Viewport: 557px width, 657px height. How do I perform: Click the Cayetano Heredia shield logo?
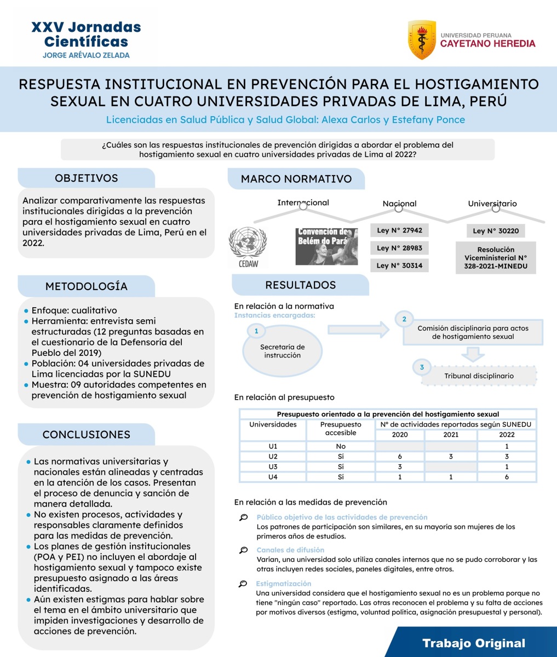pyautogui.click(x=422, y=39)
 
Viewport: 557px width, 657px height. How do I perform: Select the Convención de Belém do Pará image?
pyautogui.click(x=326, y=246)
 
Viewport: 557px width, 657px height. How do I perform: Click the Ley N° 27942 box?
pyautogui.click(x=399, y=230)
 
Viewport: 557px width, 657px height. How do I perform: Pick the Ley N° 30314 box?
pyautogui.click(x=399, y=266)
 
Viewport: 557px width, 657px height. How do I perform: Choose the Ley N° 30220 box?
pyautogui.click(x=495, y=230)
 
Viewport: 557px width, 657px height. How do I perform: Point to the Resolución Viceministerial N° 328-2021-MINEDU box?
pyautogui.click(x=495, y=258)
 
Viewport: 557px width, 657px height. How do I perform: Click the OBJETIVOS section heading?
pyautogui.click(x=86, y=178)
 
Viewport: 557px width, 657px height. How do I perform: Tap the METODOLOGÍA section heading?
pyautogui.click(x=86, y=286)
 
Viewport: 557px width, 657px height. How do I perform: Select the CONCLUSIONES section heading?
pyautogui.click(x=86, y=435)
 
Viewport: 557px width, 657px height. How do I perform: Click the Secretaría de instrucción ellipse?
pyautogui.click(x=282, y=351)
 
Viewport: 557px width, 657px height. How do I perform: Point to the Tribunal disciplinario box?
pyautogui.click(x=478, y=376)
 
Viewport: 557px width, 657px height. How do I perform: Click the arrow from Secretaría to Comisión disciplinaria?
pyautogui.click(x=358, y=329)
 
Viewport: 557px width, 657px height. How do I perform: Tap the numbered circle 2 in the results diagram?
pyautogui.click(x=404, y=319)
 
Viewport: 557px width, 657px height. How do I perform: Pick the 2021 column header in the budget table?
pyautogui.click(x=450, y=435)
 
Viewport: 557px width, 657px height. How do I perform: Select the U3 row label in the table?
pyautogui.click(x=273, y=466)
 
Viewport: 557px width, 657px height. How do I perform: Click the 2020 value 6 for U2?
pyautogui.click(x=400, y=457)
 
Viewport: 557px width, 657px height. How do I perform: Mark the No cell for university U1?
pyautogui.click(x=341, y=446)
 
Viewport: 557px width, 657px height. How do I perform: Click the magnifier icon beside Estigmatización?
pyautogui.click(x=243, y=584)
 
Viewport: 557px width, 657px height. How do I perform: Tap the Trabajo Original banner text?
pyautogui.click(x=473, y=643)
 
